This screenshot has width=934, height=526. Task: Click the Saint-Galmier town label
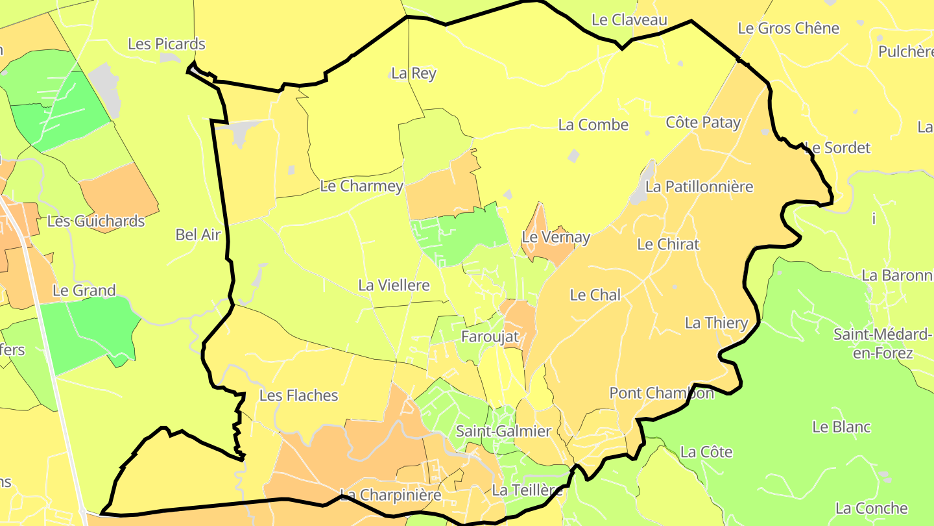pos(503,431)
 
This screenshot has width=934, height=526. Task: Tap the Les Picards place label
pos(167,44)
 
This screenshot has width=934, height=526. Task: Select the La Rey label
pos(414,73)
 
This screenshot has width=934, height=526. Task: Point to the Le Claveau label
pos(629,20)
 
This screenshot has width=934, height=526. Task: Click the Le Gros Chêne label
pos(789,29)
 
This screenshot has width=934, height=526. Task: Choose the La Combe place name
pos(593,125)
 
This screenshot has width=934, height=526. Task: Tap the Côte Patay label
pos(703,122)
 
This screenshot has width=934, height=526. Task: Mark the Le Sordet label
pos(837,148)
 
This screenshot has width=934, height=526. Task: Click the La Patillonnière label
pos(699,187)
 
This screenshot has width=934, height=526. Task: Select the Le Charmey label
pos(362,186)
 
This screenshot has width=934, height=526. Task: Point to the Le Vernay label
pos(556,238)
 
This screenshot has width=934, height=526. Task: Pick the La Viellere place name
pos(394,285)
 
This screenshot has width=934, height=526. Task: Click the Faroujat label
pos(490,336)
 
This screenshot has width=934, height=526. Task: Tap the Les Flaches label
pos(298,395)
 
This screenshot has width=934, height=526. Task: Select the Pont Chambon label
pos(662,393)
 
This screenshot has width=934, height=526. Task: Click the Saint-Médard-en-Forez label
pos(882,344)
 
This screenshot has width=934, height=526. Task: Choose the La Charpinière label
pos(390,495)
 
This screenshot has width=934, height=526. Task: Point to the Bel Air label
pos(198,235)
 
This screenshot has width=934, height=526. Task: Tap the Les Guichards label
pos(96,221)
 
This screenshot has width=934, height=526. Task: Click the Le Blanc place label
pos(841,427)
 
